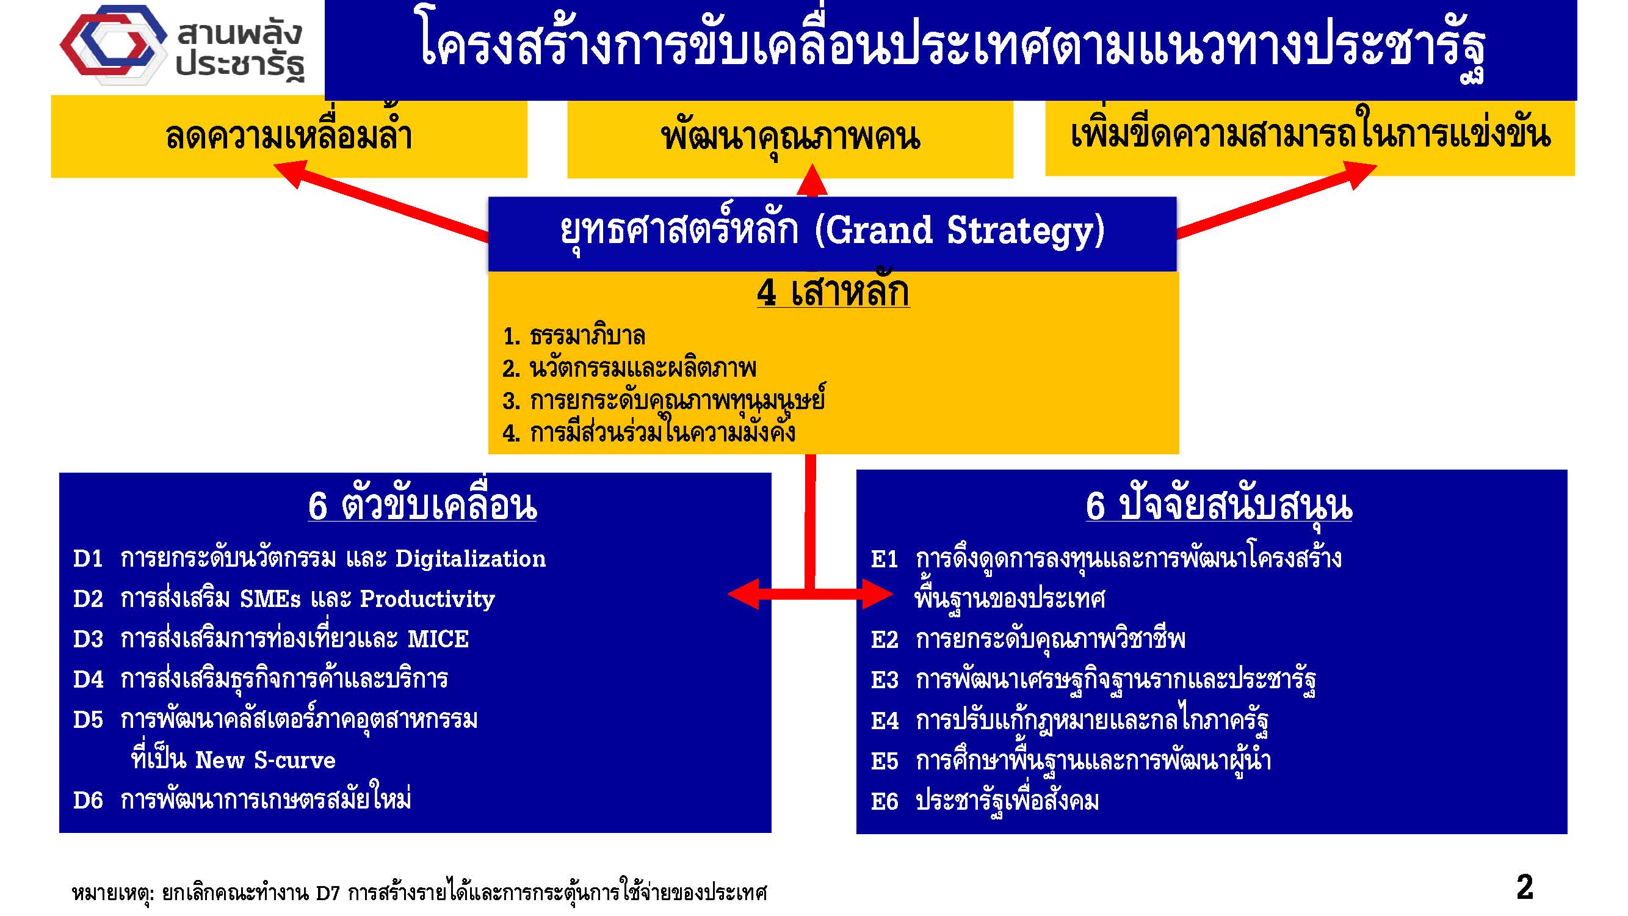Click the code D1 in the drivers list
tap(88, 559)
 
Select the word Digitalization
tap(470, 559)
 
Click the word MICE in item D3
tap(438, 639)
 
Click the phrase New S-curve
tap(265, 760)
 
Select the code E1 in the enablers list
tap(884, 559)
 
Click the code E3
tap(884, 680)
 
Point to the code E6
tap(884, 802)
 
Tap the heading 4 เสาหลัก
tap(833, 292)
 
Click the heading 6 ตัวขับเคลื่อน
tap(422, 506)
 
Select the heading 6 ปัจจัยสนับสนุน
tap(1218, 506)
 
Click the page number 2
tap(1524, 887)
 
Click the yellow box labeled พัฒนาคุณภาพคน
tap(790, 139)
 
